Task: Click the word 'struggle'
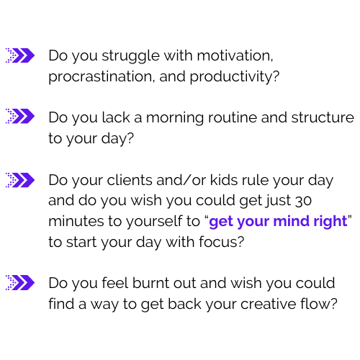tap(130, 56)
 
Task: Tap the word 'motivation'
tap(234, 55)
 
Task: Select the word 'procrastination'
tap(100, 77)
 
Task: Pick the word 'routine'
tap(233, 117)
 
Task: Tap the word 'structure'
tap(323, 117)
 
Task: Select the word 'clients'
tap(130, 180)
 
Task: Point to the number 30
tap(303, 201)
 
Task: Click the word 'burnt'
tap(150, 283)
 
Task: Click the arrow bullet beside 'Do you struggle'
tap(20, 55)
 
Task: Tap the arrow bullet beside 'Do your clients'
tap(20, 180)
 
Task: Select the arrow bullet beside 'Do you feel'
tap(20, 282)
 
